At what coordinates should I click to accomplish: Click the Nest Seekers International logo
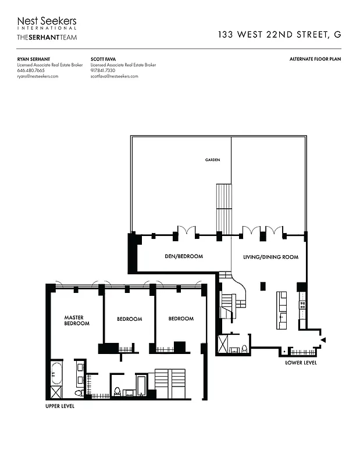coord(47,24)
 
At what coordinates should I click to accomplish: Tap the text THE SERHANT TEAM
coord(47,37)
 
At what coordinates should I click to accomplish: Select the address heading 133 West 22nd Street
coord(279,34)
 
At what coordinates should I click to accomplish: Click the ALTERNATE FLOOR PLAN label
coord(315,59)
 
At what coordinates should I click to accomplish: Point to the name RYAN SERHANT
coord(33,59)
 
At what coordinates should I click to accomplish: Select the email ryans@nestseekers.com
coord(38,77)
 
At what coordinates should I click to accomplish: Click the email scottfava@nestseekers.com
coord(115,77)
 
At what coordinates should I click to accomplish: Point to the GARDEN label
coord(212,160)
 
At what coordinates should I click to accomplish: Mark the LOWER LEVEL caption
coord(301,363)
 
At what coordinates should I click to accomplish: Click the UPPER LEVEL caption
coord(60,406)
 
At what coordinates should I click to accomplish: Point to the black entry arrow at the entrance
coord(323,339)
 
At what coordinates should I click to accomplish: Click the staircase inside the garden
coord(224,208)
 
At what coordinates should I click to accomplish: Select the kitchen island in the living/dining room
coord(282,310)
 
